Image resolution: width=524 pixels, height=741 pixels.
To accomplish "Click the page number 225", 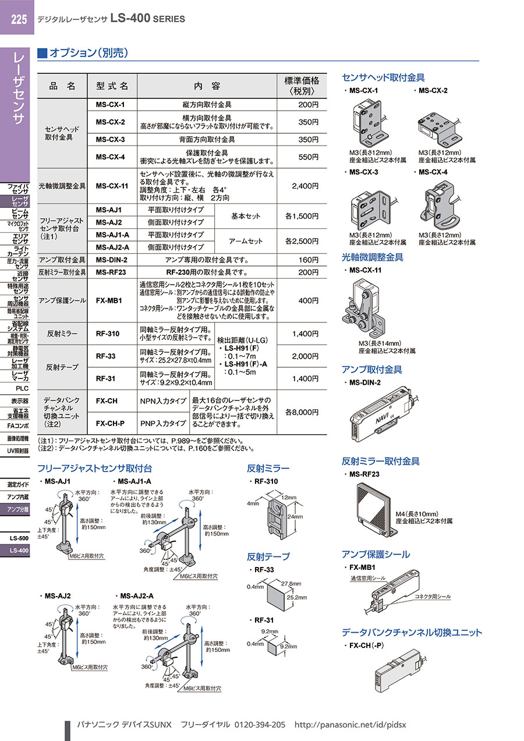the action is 19,20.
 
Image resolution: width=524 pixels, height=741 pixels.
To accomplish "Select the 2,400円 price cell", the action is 305,186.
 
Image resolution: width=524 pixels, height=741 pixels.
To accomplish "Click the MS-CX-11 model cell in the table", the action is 112,186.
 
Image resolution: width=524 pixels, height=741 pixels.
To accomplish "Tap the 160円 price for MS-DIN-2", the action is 309,260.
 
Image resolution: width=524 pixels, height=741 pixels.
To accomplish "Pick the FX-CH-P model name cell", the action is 110,423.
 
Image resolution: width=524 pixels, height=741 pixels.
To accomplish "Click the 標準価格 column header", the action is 302,86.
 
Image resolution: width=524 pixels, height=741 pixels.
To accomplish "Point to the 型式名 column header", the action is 112,86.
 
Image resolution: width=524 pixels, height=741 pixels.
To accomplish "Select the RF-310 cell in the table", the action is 108,334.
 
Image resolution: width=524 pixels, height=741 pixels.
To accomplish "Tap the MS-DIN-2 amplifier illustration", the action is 384,414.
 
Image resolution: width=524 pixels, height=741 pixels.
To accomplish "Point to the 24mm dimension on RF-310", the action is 295,516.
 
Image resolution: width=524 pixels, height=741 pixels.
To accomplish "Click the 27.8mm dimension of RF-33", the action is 291,583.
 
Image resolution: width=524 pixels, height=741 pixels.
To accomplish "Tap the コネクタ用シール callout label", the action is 433,596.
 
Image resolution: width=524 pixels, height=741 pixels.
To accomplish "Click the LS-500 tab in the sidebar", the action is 19,538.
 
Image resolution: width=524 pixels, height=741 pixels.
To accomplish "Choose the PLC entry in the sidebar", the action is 22,388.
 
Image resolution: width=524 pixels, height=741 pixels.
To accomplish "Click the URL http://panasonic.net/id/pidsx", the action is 350,725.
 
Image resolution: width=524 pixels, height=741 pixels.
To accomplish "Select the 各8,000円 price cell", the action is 302,412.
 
